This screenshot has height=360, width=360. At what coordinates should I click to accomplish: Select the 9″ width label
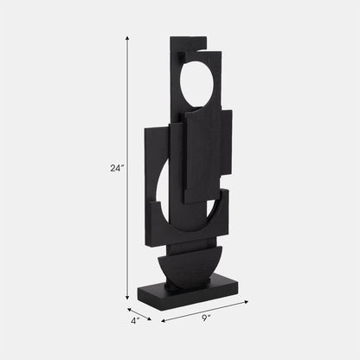(x=207, y=318)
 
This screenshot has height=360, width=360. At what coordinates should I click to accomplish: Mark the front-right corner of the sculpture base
(x=239, y=290)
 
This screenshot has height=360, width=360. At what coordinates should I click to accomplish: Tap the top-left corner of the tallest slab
(x=171, y=38)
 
